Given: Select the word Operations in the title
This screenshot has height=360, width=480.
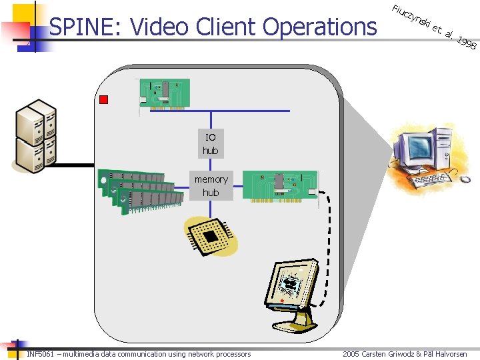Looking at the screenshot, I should pos(319,27).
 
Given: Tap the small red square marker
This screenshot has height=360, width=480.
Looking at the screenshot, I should pos(103,100).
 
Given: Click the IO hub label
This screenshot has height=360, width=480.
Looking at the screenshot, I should pos(211,144).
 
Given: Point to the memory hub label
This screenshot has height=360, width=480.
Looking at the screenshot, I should pos(211,185).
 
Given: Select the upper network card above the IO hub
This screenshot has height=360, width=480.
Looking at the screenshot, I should pos(164,93).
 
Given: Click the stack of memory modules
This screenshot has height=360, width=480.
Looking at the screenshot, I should pos(140,189).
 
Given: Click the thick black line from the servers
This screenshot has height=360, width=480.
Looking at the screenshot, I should pos(73,165).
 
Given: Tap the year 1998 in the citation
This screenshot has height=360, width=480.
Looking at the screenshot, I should pos(467,43).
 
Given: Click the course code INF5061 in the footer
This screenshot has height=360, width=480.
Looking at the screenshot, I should pos(41,354).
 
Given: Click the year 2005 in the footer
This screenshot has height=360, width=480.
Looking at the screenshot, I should pos(351,354).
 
